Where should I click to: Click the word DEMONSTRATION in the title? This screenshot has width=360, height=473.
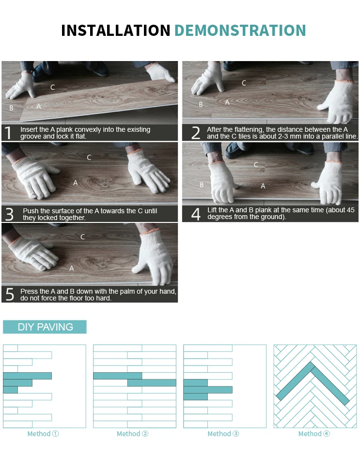pyautogui.click(x=240, y=31)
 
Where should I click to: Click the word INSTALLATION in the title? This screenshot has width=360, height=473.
pyautogui.click(x=116, y=31)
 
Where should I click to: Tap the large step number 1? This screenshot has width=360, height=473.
pyautogui.click(x=8, y=133)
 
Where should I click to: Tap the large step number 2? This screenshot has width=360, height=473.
pyautogui.click(x=196, y=133)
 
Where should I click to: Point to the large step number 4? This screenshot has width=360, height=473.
pyautogui.click(x=196, y=214)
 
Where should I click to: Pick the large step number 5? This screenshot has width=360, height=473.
pyautogui.click(x=10, y=295)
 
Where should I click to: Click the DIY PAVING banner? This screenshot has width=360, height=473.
pyautogui.click(x=45, y=327)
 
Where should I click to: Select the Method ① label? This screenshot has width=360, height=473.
pyautogui.click(x=43, y=434)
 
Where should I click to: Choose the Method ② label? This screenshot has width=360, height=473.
pyautogui.click(x=132, y=434)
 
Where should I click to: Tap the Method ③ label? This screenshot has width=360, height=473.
pyautogui.click(x=223, y=434)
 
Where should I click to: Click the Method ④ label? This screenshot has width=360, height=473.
pyautogui.click(x=314, y=434)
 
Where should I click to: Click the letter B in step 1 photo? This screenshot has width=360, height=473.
pyautogui.click(x=12, y=108)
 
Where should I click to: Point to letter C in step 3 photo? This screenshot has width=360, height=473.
pyautogui.click(x=89, y=158)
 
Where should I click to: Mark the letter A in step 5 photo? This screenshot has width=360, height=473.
pyautogui.click(x=71, y=268)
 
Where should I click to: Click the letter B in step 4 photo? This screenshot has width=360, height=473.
pyautogui.click(x=202, y=185)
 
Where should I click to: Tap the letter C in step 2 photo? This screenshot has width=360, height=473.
pyautogui.click(x=244, y=83)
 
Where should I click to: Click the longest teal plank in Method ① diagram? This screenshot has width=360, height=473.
pyautogui.click(x=28, y=376)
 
